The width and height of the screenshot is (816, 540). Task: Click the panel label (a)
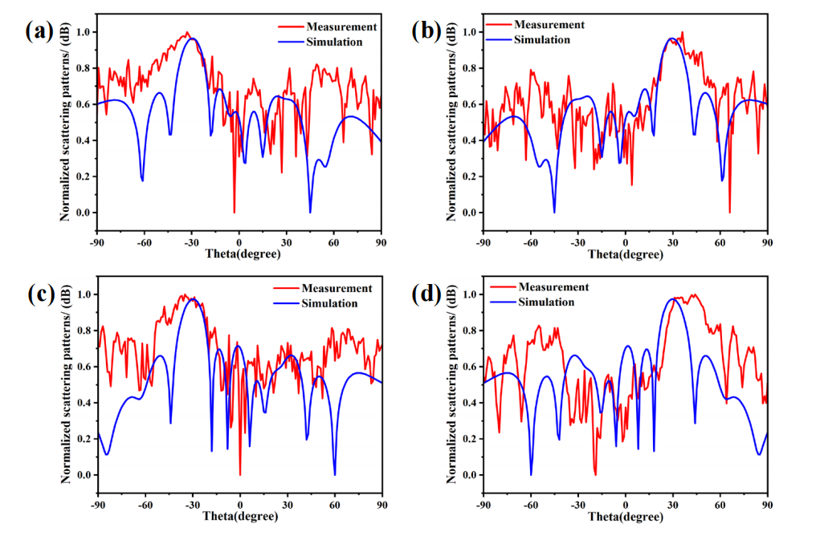[x=39, y=31]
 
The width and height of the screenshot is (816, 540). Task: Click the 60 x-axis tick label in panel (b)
[x=720, y=240]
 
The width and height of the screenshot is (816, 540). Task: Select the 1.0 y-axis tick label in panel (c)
[x=80, y=294]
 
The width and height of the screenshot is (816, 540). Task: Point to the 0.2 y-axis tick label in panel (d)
[x=467, y=439]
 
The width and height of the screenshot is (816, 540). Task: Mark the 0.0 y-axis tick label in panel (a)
[x=80, y=213]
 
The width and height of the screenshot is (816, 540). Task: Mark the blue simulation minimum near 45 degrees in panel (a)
[x=310, y=211]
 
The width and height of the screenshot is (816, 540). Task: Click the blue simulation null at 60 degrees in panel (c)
[x=335, y=473]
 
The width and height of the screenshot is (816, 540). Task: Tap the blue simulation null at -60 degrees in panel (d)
[x=531, y=473]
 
